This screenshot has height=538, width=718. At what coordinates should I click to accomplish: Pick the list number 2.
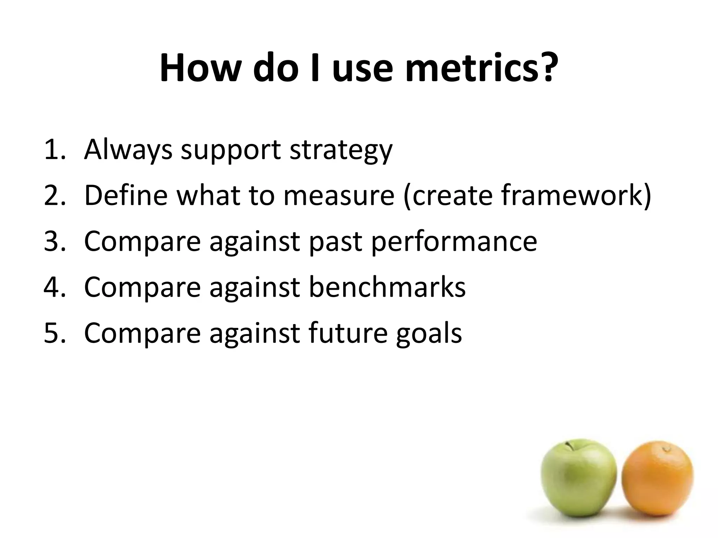[x=54, y=195]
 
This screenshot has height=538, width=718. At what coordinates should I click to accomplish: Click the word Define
[x=126, y=195]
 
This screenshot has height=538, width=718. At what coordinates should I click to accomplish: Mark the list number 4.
[x=54, y=287]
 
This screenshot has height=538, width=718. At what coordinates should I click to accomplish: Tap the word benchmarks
[x=387, y=287]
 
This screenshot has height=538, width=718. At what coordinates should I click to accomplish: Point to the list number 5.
[x=54, y=333]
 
